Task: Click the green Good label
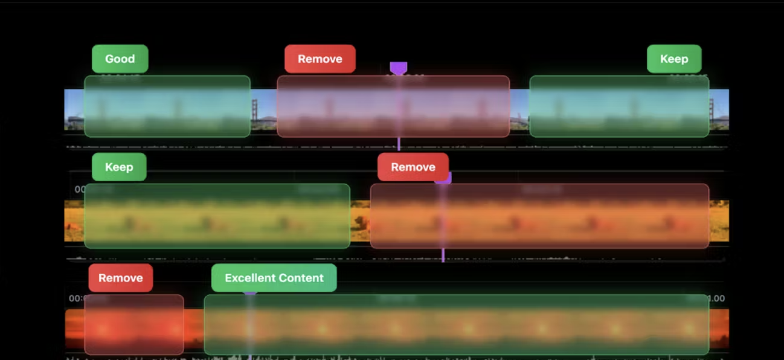120,59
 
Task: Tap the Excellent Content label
274,278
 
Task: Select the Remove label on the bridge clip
320,59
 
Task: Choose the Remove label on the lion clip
413,167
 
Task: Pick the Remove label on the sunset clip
120,278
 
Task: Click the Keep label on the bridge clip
673,59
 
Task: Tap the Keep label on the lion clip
118,167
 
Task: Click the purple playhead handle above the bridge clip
398,67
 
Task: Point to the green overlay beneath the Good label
167,106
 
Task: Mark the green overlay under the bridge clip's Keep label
619,106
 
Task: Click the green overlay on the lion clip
217,216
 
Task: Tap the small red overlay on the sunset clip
133,324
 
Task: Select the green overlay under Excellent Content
456,324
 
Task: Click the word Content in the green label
300,278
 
